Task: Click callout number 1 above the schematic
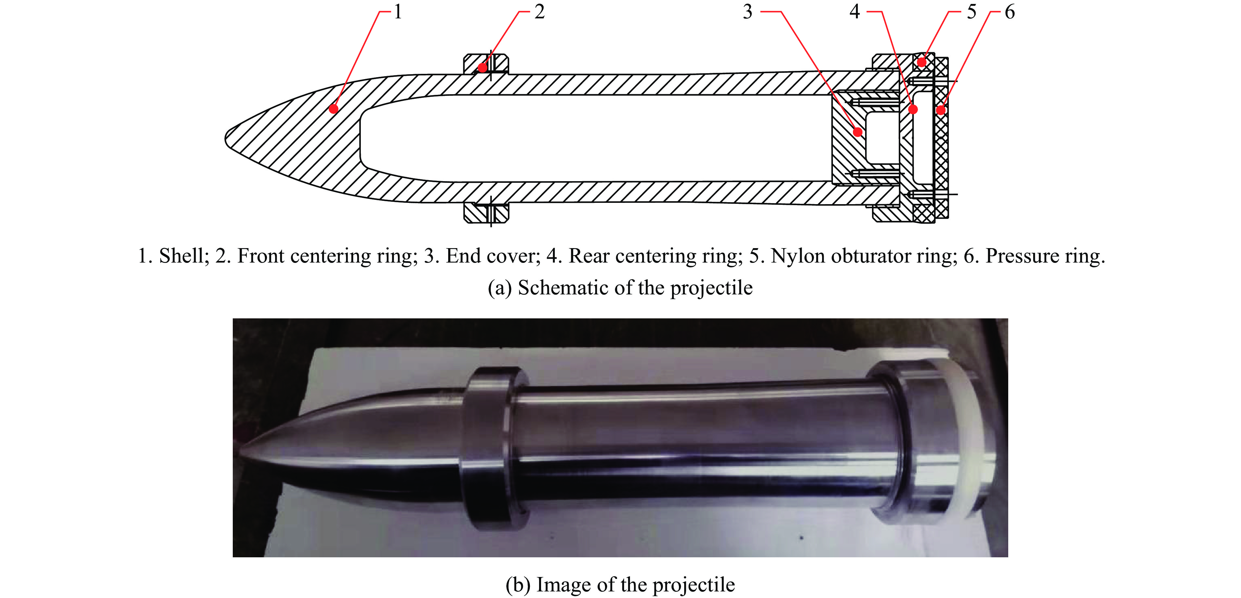398,11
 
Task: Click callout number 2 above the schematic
539,11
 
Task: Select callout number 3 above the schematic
747,11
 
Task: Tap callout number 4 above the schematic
855,11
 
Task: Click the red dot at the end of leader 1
333,109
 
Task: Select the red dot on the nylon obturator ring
922,62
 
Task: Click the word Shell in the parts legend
183,256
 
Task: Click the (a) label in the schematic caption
500,288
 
